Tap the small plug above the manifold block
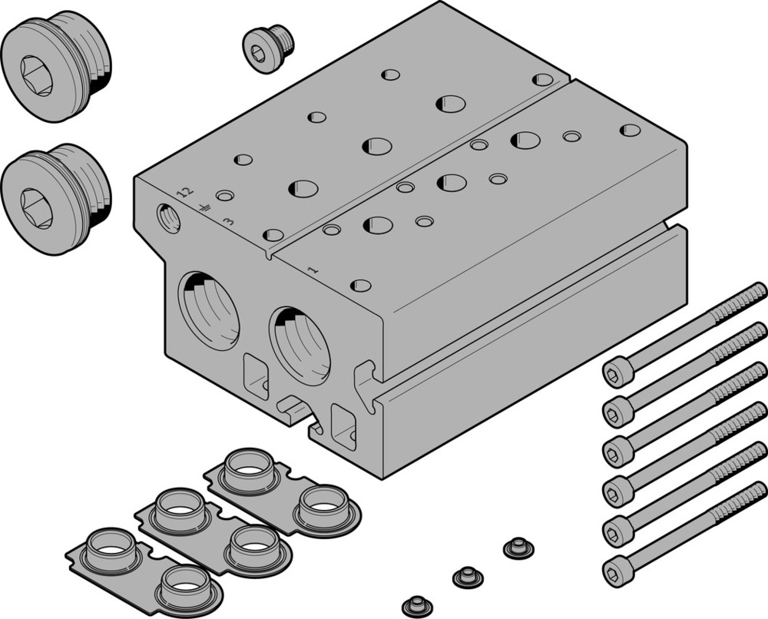coord(268,48)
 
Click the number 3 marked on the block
coord(228,222)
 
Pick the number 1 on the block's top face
coord(313,270)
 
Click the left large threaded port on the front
coord(209,311)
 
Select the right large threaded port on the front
coord(300,346)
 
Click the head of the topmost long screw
coord(618,373)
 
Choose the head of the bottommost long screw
coord(617,569)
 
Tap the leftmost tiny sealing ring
coord(417,602)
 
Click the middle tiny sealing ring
coord(467,575)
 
